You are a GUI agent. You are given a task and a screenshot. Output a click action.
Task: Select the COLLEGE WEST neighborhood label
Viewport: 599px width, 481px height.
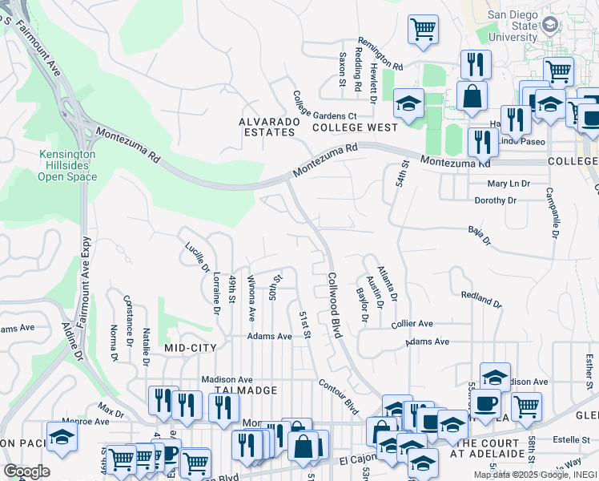tap(355, 127)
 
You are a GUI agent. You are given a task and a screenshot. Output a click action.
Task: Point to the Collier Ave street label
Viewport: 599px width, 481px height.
tap(412, 324)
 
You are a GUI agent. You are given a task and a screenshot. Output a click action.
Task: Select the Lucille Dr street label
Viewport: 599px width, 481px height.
tap(197, 258)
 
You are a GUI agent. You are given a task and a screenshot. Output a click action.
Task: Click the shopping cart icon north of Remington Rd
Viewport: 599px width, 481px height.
tap(423, 30)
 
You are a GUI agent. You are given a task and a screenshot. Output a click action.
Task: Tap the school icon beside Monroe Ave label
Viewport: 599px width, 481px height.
tap(62, 436)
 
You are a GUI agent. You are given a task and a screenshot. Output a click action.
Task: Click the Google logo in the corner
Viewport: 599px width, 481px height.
tap(26, 471)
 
